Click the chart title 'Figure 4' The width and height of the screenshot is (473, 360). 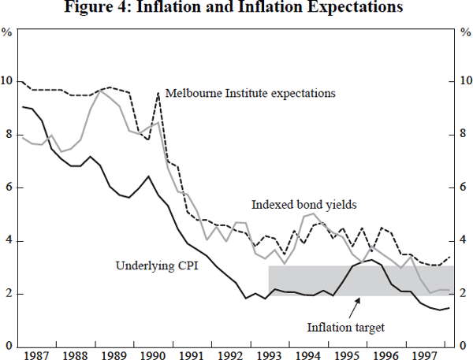(x=236, y=9)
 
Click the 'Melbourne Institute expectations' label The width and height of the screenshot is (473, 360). (x=248, y=93)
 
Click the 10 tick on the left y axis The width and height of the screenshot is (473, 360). (x=8, y=82)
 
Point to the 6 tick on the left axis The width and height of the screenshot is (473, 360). (x=8, y=188)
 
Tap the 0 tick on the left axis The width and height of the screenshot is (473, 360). (x=8, y=347)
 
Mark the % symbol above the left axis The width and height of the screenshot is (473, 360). (x=7, y=33)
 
